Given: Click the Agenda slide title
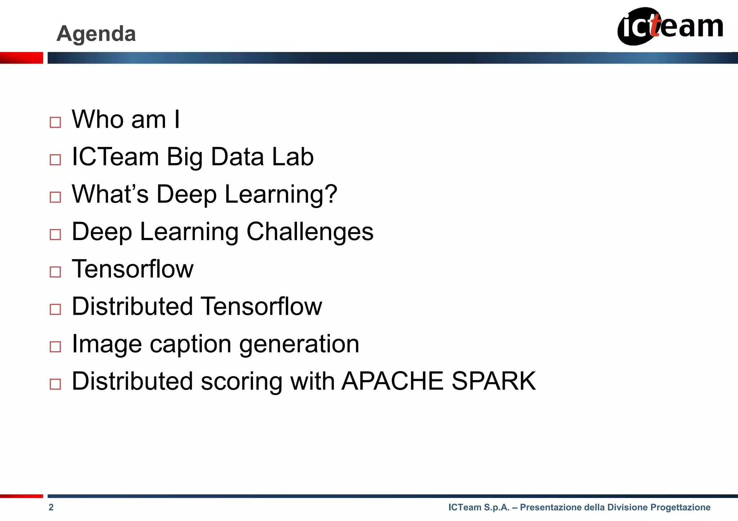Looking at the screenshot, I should [96, 34].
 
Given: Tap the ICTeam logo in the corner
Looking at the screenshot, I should [670, 26].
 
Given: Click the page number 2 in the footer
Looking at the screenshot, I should [51, 507].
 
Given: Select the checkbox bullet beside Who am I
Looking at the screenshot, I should [55, 122].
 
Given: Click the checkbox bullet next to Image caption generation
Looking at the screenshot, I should [55, 346].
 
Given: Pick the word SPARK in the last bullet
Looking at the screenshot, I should [494, 381].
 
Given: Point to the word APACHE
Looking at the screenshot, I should [392, 381].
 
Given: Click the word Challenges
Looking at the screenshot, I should [310, 231].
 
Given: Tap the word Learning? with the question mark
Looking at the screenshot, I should [281, 195].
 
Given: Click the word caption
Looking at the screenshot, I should [191, 344].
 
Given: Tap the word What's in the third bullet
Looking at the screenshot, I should [110, 194].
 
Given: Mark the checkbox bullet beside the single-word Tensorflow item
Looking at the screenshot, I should [55, 272].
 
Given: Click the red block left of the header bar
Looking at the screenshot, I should [22, 58].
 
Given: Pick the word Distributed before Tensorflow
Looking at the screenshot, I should [132, 306].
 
